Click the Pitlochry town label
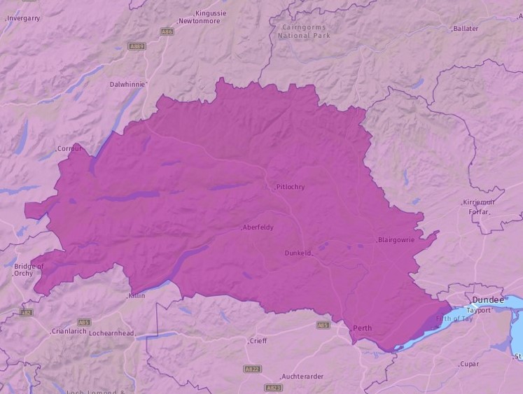(x=291, y=187)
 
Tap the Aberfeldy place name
(x=258, y=227)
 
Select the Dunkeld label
(x=298, y=253)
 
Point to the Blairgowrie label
(x=396, y=240)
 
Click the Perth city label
(x=363, y=328)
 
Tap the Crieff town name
(x=258, y=341)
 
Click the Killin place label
(x=136, y=296)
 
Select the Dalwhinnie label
(x=127, y=84)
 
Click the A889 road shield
(x=137, y=46)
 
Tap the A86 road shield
(x=167, y=31)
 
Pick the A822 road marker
(x=252, y=368)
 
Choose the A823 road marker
(x=273, y=387)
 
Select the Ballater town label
(x=466, y=29)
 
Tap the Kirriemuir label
(x=478, y=202)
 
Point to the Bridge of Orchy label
(x=28, y=269)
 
